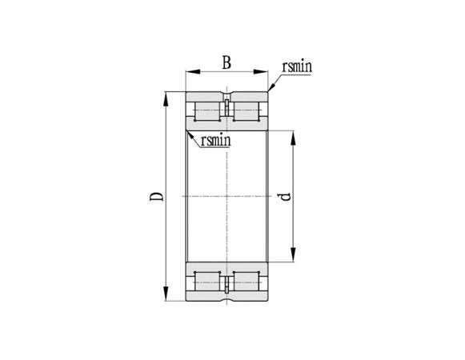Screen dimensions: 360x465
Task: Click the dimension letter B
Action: coord(226,62)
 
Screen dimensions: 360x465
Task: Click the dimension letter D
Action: coord(158,196)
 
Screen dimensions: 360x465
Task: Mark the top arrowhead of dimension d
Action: coord(295,134)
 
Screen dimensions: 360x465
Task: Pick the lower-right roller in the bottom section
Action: coord(246,282)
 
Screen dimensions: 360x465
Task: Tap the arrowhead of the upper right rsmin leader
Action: coord(270,91)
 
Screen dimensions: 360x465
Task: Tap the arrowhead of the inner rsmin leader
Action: coord(189,132)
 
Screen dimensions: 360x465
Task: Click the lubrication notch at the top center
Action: coord(226,100)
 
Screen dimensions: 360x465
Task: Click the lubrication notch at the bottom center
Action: coord(226,294)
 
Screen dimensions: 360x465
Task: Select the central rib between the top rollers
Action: coord(226,112)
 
